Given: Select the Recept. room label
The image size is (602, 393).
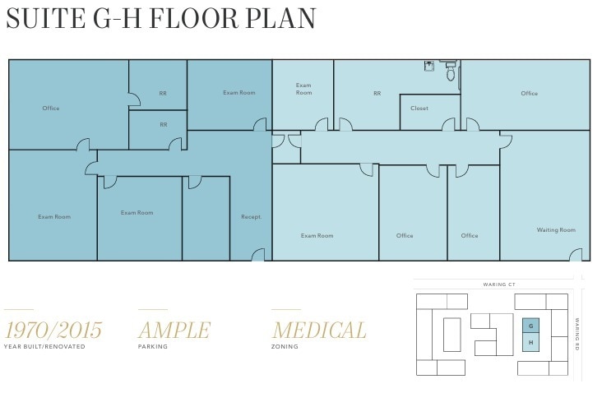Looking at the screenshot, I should click(251, 217).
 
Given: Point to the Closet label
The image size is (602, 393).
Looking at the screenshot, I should click(419, 108).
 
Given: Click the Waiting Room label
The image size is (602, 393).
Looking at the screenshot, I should click(556, 230).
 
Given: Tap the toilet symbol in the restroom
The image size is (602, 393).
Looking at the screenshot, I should click(450, 73).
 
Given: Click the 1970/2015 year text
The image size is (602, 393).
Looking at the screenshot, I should click(53, 331).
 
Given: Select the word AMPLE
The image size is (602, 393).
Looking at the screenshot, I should click(174, 331).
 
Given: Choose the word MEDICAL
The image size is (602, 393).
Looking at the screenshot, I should click(319, 331).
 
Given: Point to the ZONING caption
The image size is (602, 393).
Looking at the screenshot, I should click(285, 347).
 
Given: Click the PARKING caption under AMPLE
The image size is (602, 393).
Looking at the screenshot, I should click(152, 347).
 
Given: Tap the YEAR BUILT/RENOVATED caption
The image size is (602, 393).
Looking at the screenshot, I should click(44, 347).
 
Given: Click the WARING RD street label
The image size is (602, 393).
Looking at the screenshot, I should click(577, 332).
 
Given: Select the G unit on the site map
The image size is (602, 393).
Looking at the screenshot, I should click(530, 326).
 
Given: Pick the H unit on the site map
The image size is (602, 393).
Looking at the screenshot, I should click(530, 342).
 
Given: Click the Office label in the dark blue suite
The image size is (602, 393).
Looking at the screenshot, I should click(51, 109).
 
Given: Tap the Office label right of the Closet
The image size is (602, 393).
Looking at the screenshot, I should click(529, 94).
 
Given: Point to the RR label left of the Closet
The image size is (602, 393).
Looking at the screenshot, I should click(377, 94).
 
